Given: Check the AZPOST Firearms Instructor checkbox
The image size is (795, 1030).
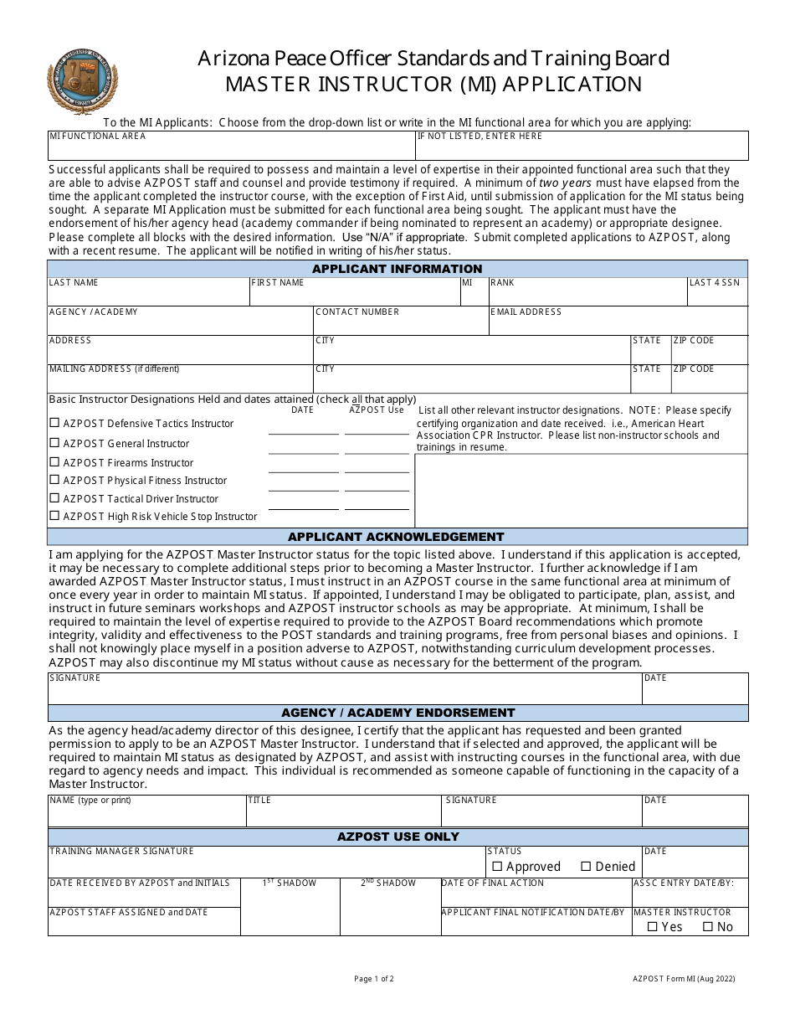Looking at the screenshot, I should click(x=55, y=462).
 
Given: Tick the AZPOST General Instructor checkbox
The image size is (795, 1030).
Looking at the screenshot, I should click(x=55, y=443).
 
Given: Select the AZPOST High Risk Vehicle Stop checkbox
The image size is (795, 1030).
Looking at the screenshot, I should click(x=55, y=516).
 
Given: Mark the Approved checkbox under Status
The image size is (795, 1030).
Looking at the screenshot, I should click(x=497, y=867).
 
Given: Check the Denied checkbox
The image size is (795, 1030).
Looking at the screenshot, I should click(x=586, y=867).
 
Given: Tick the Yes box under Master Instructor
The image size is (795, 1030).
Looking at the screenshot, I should click(x=652, y=927).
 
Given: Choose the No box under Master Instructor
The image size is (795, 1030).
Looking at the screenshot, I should click(x=707, y=927).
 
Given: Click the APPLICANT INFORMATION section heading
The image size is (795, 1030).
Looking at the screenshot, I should click(x=397, y=269).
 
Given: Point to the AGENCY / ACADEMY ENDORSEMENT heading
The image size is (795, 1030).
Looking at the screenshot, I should click(x=397, y=713).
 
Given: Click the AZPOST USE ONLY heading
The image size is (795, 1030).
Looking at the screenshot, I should click(x=397, y=837).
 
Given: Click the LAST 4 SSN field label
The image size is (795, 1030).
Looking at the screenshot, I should click(x=715, y=283).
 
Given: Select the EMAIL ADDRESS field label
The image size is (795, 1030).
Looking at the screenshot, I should click(x=526, y=312).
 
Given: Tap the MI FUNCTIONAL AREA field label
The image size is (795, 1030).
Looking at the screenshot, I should click(x=97, y=136).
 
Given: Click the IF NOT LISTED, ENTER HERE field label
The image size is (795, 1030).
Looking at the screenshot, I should click(x=480, y=136).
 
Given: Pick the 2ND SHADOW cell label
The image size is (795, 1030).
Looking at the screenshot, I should click(x=388, y=883).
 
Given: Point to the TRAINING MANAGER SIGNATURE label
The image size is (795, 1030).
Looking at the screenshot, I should click(x=121, y=851).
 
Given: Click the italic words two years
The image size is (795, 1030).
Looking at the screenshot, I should click(x=566, y=183).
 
